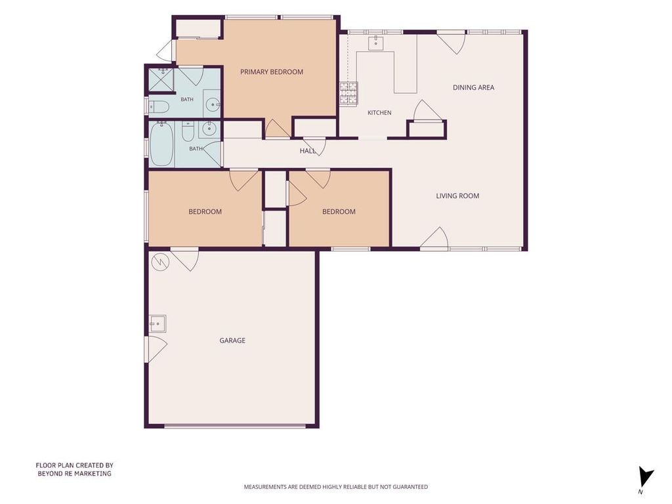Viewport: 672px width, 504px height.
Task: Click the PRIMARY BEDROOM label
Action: pyautogui.click(x=271, y=72)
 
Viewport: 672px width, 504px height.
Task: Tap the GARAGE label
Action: pyautogui.click(x=232, y=341)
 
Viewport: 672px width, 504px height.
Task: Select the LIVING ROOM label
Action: pyautogui.click(x=457, y=196)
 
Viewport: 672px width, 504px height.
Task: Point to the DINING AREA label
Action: pyautogui.click(x=473, y=87)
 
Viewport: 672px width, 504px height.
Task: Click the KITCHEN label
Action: pyautogui.click(x=379, y=113)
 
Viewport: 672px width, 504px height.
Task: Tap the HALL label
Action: pyautogui.click(x=308, y=151)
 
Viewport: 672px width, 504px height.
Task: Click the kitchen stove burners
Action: pyautogui.click(x=348, y=93)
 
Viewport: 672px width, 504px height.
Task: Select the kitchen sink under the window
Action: pyautogui.click(x=376, y=43)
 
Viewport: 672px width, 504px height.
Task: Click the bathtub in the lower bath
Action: pyautogui.click(x=161, y=144)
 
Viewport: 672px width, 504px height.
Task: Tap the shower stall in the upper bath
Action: pyautogui.click(x=161, y=79)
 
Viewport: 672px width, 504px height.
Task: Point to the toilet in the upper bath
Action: pyautogui.click(x=158, y=107)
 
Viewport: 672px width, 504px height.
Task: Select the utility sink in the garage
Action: pyautogui.click(x=157, y=324)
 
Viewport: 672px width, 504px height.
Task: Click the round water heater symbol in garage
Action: pyautogui.click(x=161, y=261)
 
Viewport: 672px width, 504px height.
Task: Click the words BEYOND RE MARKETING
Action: pyautogui.click(x=75, y=474)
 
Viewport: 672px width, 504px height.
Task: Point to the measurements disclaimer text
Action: pyautogui.click(x=335, y=487)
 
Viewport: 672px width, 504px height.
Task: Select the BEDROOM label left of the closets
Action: pyautogui.click(x=205, y=212)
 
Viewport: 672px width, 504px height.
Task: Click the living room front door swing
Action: pyautogui.click(x=435, y=238)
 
